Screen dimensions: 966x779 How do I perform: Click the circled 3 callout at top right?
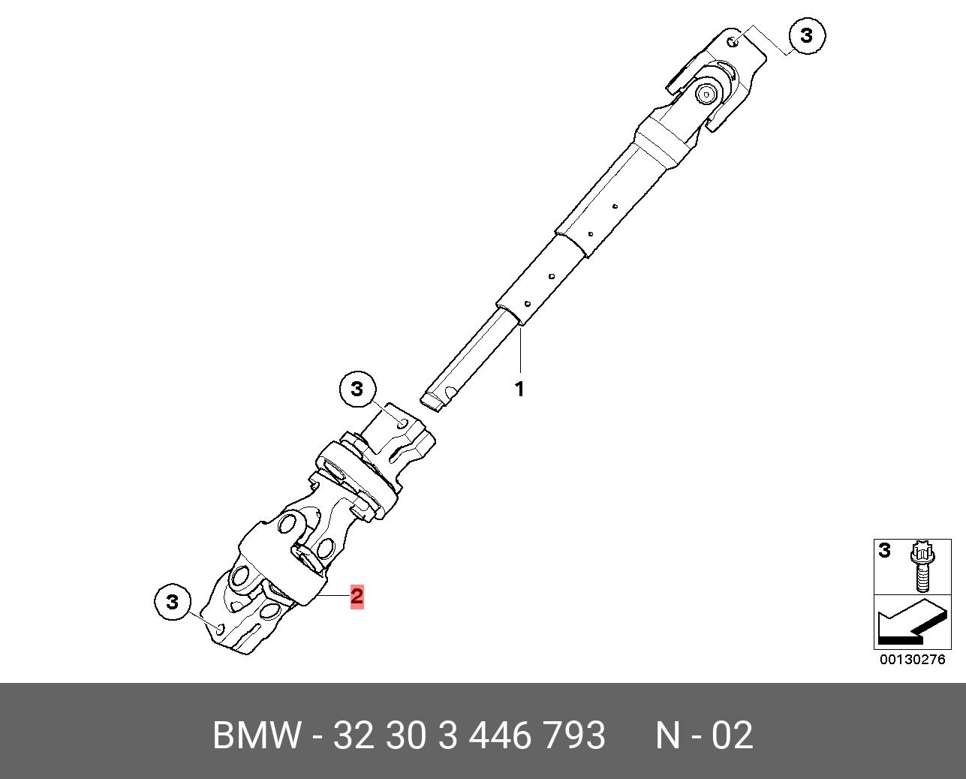click(806, 35)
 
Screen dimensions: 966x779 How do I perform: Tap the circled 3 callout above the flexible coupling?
click(357, 389)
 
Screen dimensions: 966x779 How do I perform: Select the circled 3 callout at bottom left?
click(173, 602)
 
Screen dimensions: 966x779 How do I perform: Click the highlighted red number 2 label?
click(357, 597)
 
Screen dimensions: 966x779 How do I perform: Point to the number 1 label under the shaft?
click(519, 389)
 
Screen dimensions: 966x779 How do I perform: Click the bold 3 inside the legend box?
click(885, 551)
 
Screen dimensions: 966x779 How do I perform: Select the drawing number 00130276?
click(913, 660)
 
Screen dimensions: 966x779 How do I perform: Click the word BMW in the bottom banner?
click(257, 735)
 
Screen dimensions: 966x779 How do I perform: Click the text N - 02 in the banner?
click(704, 735)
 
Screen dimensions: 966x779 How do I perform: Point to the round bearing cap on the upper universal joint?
click(707, 94)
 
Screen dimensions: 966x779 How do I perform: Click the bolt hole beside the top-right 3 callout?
click(735, 41)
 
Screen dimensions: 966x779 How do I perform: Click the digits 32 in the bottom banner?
click(353, 735)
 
